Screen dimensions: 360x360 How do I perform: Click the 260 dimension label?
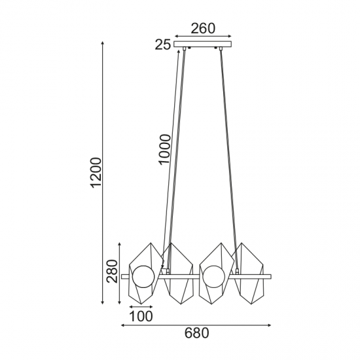pos(204,28)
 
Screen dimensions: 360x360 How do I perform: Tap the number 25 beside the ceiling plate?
pos(163,45)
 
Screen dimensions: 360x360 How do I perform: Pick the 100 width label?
pos(141,317)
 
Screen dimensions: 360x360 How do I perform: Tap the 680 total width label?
pos(196,334)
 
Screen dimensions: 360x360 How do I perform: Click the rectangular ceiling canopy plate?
pos(204,45)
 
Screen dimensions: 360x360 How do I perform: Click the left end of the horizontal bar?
pos(124,277)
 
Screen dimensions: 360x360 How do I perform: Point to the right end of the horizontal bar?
pos(267,277)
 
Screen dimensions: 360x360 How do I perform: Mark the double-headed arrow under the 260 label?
pos(204,37)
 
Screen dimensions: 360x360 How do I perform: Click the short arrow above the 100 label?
pos(141,307)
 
